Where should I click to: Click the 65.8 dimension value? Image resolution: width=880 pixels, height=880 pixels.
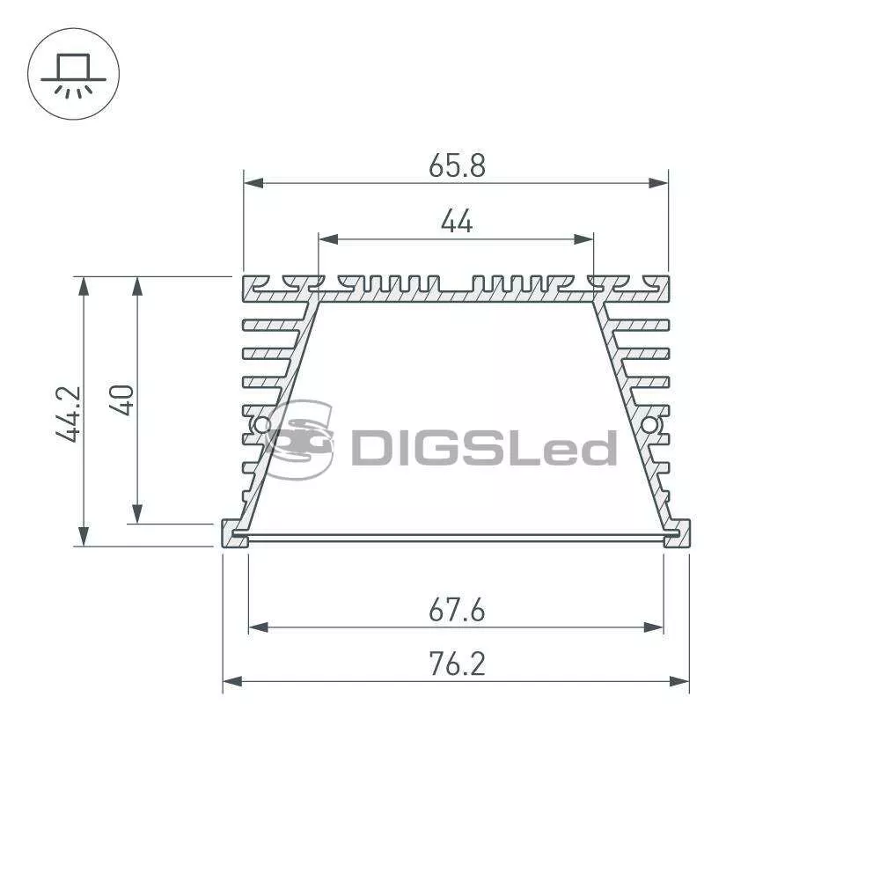tap(457, 165)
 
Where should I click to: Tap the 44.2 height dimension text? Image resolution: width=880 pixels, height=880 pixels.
tap(69, 414)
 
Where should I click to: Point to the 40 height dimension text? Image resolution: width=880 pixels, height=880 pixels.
tap(121, 400)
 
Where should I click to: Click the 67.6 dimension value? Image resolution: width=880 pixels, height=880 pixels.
tap(457, 610)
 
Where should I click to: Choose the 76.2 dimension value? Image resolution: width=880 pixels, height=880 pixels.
tap(457, 664)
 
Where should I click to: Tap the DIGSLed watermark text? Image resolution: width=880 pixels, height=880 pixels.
tap(484, 448)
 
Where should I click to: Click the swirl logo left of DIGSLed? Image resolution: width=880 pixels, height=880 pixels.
tap(300, 439)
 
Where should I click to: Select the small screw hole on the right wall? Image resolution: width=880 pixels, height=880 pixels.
tap(650, 425)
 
